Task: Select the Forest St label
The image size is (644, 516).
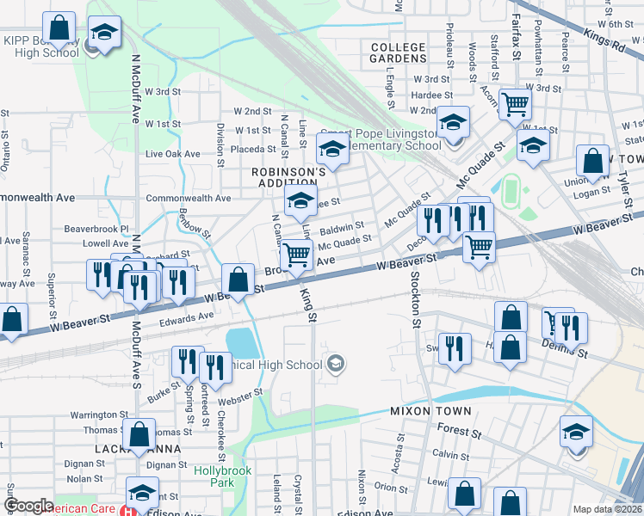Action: pos(458,431)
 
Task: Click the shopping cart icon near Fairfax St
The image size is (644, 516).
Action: pos(515,105)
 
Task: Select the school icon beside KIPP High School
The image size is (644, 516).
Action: pos(104,34)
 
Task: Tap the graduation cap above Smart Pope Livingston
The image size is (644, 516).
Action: pos(331,150)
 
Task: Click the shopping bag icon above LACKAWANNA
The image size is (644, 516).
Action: pos(138,433)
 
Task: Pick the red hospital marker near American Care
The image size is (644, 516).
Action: pos(128,511)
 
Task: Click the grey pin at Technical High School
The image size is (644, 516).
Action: pos(336,364)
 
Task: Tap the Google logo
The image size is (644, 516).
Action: pos(29,506)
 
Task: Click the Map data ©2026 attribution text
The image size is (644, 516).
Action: pos(607,509)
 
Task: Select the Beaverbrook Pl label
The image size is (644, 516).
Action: pos(96,230)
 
